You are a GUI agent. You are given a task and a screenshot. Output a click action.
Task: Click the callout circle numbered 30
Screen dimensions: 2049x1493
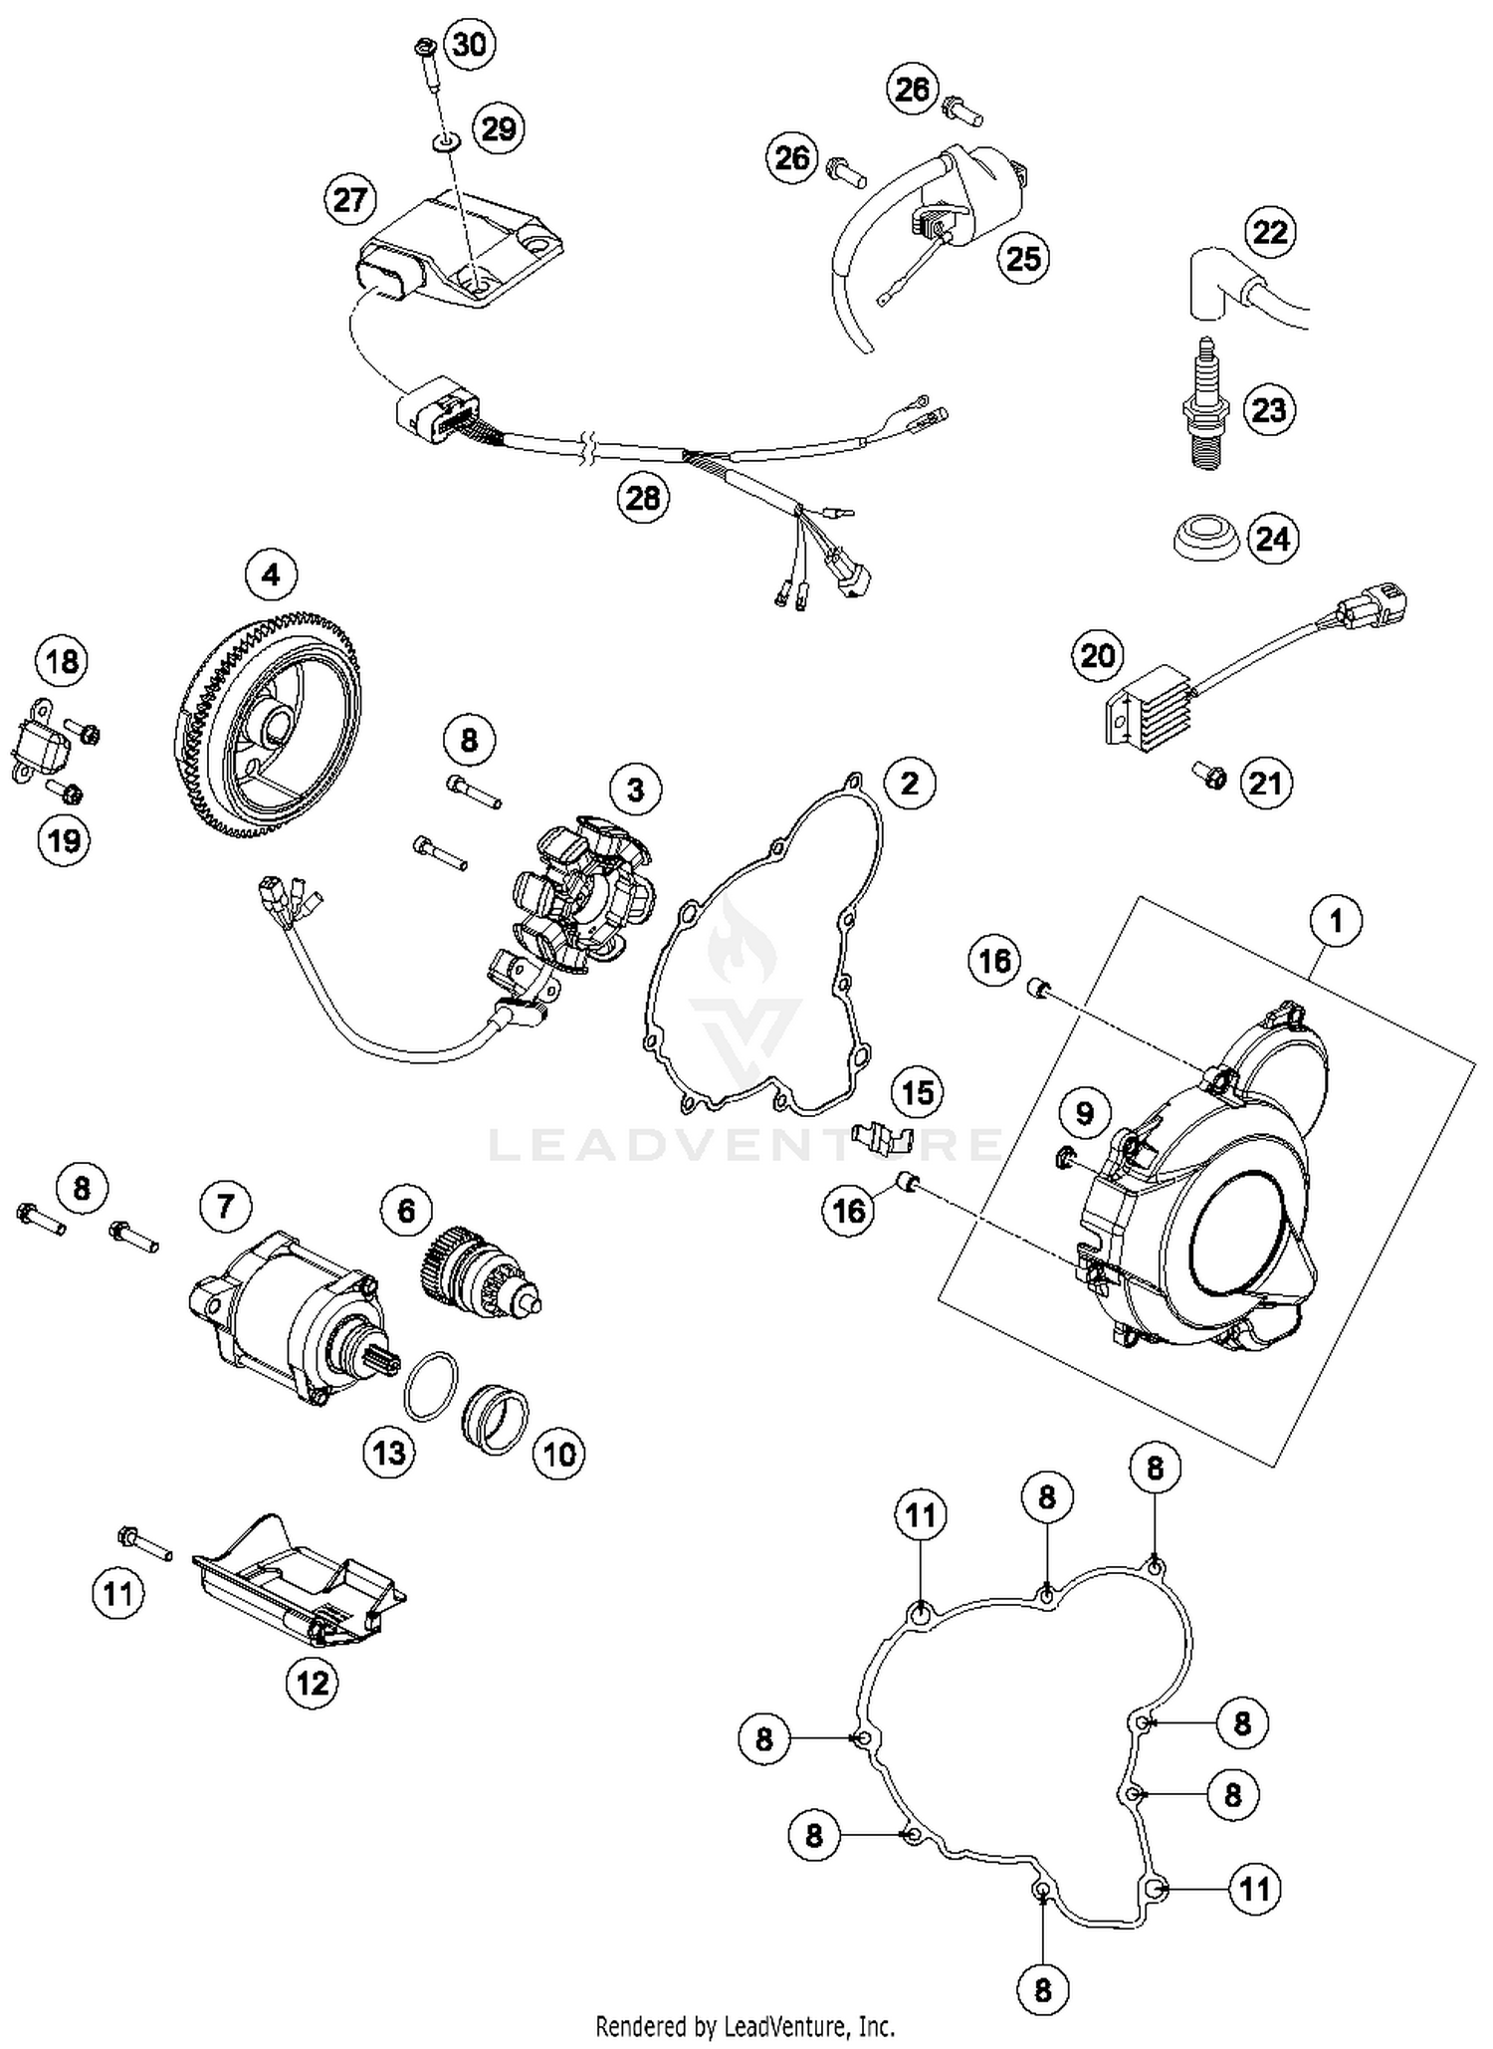click(470, 44)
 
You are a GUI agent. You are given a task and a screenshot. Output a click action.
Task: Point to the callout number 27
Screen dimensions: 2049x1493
click(350, 200)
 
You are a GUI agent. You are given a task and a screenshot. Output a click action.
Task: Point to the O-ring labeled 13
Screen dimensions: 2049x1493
click(431, 1387)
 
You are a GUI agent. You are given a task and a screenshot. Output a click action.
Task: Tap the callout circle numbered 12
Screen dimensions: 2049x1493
click(313, 1683)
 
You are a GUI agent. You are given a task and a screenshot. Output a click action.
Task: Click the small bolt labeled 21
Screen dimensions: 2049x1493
click(1213, 778)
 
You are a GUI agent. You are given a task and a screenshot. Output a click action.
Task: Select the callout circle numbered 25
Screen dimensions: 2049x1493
click(1023, 258)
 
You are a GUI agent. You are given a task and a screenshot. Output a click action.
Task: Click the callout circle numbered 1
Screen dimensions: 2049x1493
click(1336, 920)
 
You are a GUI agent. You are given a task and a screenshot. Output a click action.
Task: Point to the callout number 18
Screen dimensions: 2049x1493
click(62, 661)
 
